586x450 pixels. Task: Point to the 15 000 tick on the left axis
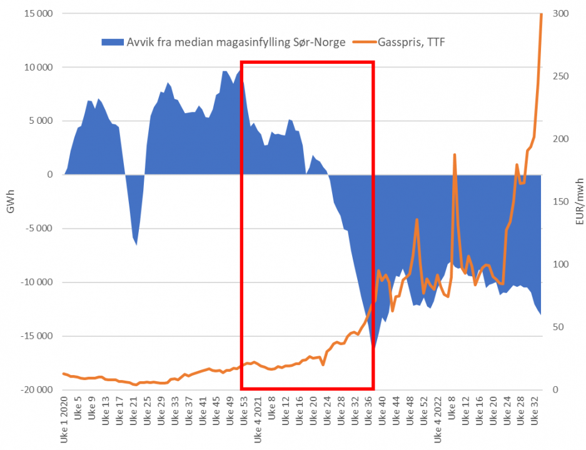pyautogui.click(x=36, y=14)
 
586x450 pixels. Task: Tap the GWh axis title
pyautogui.click(x=9, y=202)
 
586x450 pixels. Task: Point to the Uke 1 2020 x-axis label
pyautogui.click(x=64, y=419)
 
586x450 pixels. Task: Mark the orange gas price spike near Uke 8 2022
pyautogui.click(x=455, y=154)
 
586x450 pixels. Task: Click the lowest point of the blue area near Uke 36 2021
pyautogui.click(x=373, y=347)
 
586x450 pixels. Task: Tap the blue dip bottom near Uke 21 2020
pyautogui.click(x=136, y=244)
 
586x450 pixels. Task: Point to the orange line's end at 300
pyautogui.click(x=541, y=14)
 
